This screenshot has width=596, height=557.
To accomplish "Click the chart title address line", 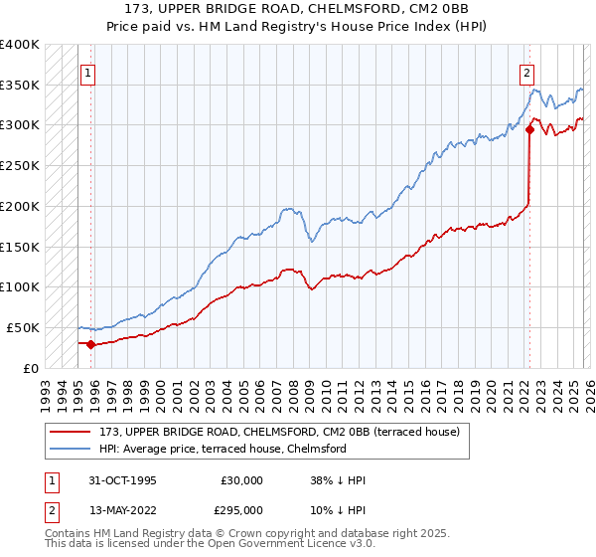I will point(297,9).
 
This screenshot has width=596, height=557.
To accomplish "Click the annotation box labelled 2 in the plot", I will point(525,72).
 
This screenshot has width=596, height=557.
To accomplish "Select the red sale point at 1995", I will point(91,344).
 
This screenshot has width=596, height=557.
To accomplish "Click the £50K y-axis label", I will point(23,327).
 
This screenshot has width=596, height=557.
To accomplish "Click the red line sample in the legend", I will point(71,433).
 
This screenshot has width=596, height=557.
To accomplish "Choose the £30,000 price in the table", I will point(241,480).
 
